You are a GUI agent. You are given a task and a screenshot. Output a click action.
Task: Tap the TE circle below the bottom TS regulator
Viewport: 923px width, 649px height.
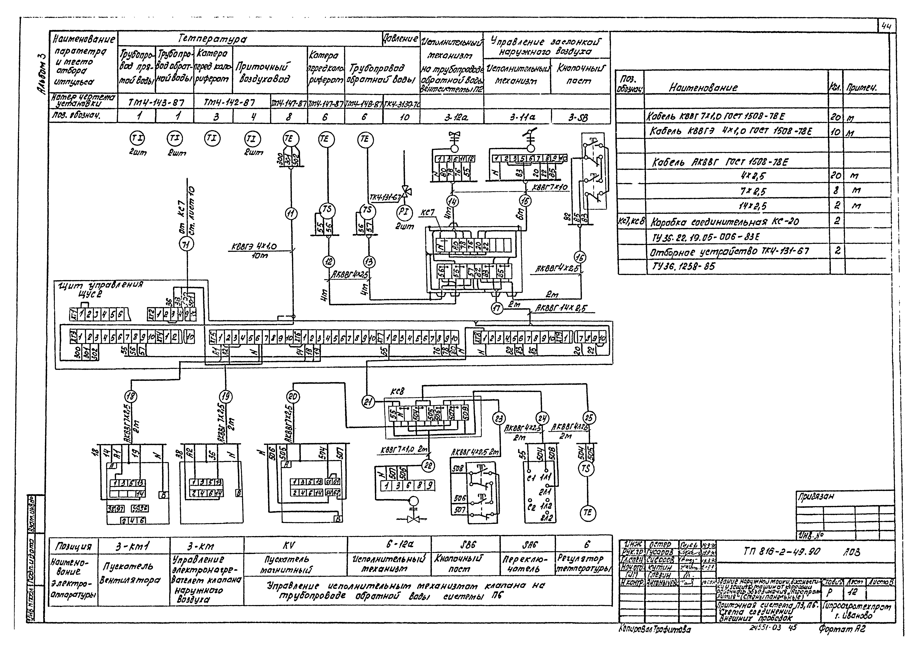coord(587,513)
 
